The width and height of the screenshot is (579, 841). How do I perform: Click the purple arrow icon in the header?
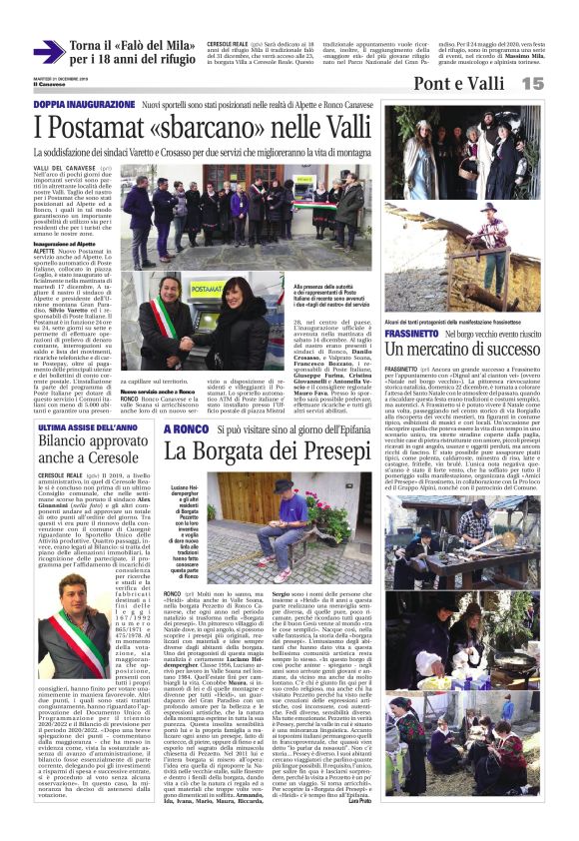click(49, 50)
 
